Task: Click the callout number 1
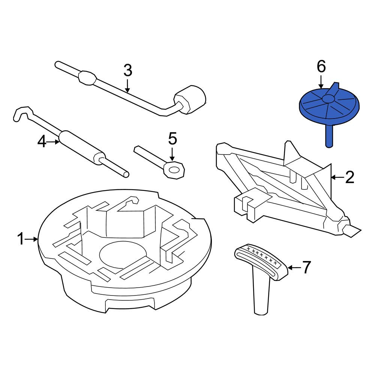pyautogui.click(x=21, y=239)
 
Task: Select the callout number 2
pyautogui.click(x=350, y=177)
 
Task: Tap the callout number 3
pyautogui.click(x=128, y=71)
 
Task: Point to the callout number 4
pyautogui.click(x=42, y=142)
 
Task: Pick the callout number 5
pyautogui.click(x=172, y=139)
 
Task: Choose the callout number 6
pyautogui.click(x=321, y=66)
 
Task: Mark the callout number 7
pyautogui.click(x=307, y=267)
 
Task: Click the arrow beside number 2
pyautogui.click(x=338, y=177)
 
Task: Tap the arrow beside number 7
pyautogui.click(x=295, y=267)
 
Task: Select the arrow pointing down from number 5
pyautogui.click(x=172, y=154)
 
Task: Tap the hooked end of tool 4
pyautogui.click(x=23, y=114)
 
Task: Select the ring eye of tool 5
pyautogui.click(x=174, y=169)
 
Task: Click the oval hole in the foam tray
pyautogui.click(x=123, y=255)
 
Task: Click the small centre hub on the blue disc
pyautogui.click(x=329, y=98)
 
